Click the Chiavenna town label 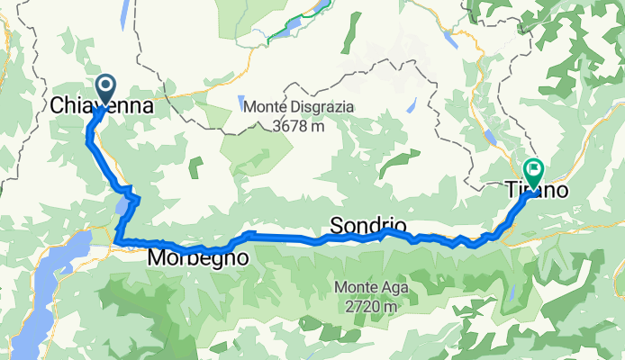(x=100, y=106)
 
